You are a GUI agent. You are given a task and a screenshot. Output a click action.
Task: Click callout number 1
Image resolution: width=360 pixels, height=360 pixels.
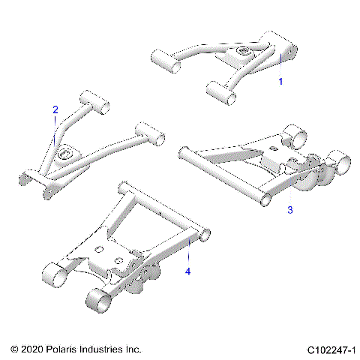281,80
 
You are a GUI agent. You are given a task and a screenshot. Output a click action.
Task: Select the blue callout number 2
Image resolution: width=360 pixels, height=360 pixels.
55,109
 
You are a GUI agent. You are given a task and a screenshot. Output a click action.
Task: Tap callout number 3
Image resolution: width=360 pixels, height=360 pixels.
291,211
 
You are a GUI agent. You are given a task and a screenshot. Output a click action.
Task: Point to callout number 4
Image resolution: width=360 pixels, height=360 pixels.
188,271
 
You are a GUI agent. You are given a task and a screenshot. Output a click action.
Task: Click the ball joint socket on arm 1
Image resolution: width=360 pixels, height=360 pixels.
244,52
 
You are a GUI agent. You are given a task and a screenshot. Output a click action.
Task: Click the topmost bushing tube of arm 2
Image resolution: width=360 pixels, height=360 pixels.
94,100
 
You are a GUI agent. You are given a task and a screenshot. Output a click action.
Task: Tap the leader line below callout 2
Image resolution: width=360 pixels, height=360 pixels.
55,131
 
